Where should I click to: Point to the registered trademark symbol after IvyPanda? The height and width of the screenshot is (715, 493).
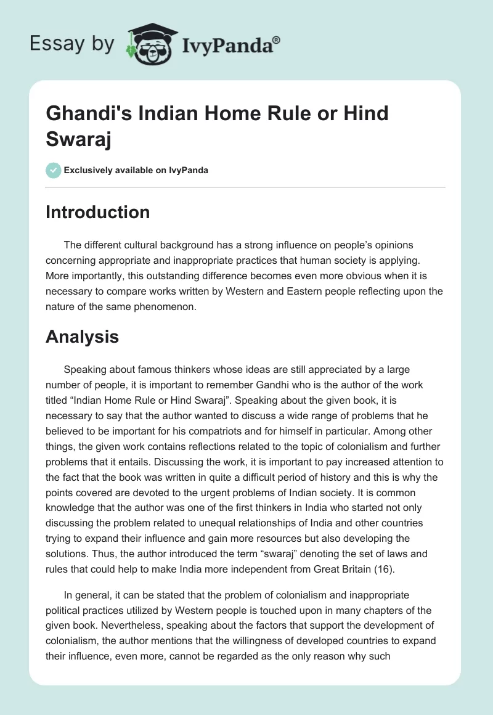[277, 40]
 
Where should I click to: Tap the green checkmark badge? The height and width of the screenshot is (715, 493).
[54, 170]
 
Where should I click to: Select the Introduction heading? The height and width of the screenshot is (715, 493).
[97, 212]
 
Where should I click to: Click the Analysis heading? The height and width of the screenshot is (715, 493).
[82, 337]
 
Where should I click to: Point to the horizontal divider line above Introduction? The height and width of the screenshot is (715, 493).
[245, 187]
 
